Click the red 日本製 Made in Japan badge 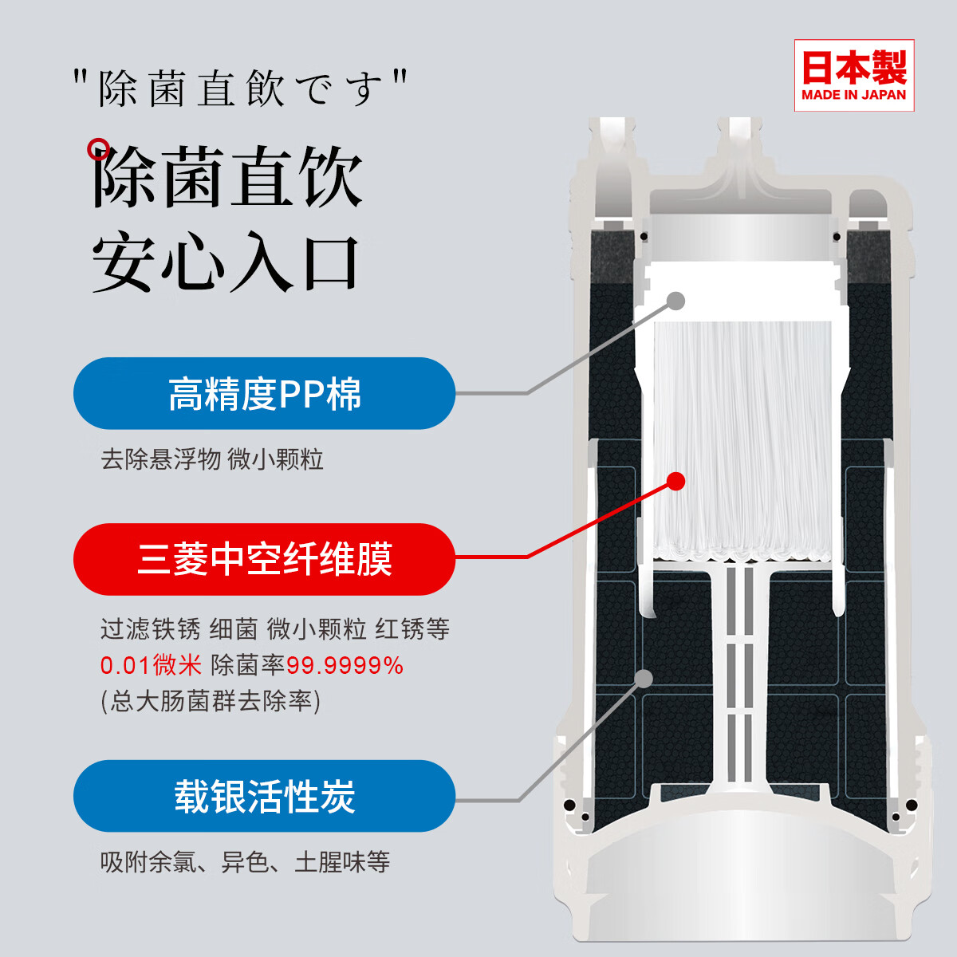tap(854, 75)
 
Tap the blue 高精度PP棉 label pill tap(264, 394)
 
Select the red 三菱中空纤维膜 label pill tap(264, 559)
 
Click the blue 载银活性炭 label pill tap(264, 796)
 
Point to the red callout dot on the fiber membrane tap(675, 481)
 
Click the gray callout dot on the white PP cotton tap(675, 301)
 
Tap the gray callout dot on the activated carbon tap(644, 678)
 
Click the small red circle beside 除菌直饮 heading tap(98, 148)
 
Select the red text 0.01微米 tap(151, 665)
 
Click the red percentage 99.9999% tap(345, 665)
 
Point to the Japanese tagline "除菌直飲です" tap(239, 88)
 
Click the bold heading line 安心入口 tap(226, 262)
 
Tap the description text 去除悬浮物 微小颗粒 tap(211, 459)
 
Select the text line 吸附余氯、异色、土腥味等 tap(245, 862)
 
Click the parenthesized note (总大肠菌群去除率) tap(211, 701)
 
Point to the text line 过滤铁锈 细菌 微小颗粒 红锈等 tap(275, 629)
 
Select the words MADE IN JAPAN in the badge tap(854, 95)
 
